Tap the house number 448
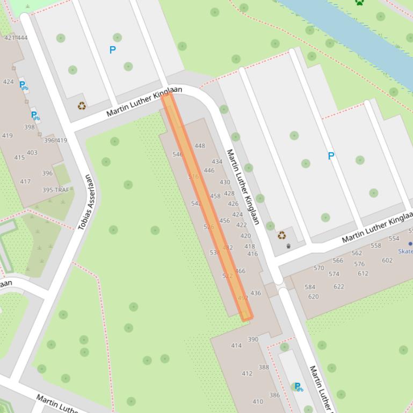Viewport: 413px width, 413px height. tap(200, 146)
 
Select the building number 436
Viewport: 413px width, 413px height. tap(256, 293)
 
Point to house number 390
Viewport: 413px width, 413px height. tap(253, 340)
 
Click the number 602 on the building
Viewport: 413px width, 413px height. tap(387, 261)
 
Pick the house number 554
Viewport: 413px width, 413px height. tap(394, 239)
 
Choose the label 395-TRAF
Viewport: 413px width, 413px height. tap(56, 190)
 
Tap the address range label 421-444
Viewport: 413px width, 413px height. tap(16, 38)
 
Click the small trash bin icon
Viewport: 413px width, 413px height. tap(288, 246)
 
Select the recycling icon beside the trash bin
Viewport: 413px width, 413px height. tap(281, 235)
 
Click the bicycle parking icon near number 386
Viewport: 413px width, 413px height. tap(298, 387)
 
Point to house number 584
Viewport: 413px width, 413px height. tap(310, 287)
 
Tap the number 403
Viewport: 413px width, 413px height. tap(32, 153)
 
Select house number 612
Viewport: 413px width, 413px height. tap(363, 274)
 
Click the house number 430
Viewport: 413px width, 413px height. tap(224, 182)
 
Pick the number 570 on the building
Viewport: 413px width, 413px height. tap(319, 268)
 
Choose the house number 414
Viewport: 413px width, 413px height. tap(236, 346)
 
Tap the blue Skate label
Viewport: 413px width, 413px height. tap(406, 251)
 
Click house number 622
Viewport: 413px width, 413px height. tap(339, 287)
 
